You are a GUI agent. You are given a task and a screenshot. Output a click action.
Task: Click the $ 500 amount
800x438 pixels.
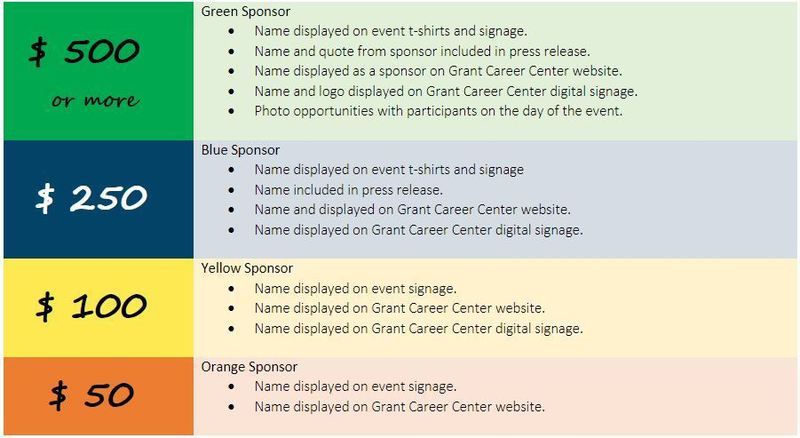pos(84,52)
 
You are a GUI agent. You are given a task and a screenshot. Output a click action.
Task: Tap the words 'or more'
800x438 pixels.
pos(95,100)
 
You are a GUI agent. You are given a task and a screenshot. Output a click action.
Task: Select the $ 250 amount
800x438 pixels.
pos(91,198)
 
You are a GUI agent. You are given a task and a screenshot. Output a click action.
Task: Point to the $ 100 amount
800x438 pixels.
pos(92,306)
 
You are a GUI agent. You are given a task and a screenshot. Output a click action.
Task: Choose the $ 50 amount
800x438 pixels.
pos(92,395)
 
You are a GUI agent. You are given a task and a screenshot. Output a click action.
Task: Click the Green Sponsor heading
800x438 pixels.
pos(245,12)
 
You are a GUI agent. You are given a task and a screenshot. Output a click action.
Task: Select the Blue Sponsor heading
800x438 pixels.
pos(240,150)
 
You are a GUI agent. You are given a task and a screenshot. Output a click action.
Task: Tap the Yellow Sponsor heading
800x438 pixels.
pos(247,269)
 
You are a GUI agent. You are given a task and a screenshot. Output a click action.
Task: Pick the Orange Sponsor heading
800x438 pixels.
pos(249,367)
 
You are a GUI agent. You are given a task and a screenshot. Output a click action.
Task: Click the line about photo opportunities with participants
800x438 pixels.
pos(438,111)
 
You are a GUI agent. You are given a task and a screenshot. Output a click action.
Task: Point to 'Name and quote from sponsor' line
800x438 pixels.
pos(422,52)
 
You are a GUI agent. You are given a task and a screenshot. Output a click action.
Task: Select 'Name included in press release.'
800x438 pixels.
pos(348,190)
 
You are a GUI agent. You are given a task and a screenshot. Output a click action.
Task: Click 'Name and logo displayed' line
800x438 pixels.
pos(446,91)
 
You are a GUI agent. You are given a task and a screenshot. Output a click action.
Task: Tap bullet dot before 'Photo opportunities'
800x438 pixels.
pos(232,111)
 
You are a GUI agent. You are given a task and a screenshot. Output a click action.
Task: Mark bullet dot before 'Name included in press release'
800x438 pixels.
pos(232,190)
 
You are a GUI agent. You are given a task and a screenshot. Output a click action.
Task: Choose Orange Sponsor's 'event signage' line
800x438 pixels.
pos(356,387)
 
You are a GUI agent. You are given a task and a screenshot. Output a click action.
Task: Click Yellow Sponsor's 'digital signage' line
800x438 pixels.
pos(418,329)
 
